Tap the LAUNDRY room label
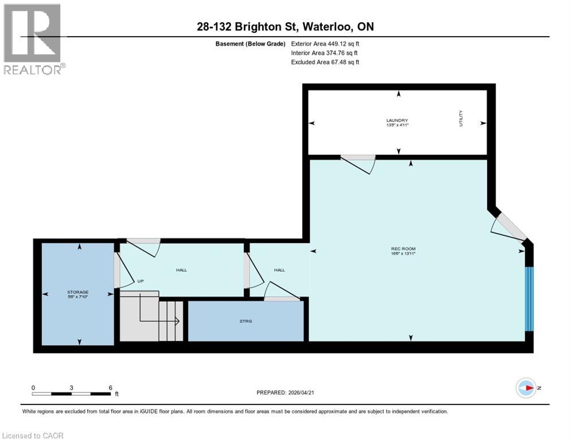click(x=397, y=120)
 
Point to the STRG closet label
click(x=246, y=321)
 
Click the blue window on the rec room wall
click(x=529, y=299)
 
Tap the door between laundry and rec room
click(x=358, y=163)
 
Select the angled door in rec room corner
click(x=509, y=230)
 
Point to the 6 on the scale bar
click(x=111, y=387)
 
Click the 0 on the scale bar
click(x=33, y=387)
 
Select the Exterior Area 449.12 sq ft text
click(x=325, y=44)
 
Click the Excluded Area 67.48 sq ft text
click(x=325, y=62)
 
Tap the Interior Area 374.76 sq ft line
click(x=325, y=53)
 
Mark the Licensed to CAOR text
click(x=33, y=435)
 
